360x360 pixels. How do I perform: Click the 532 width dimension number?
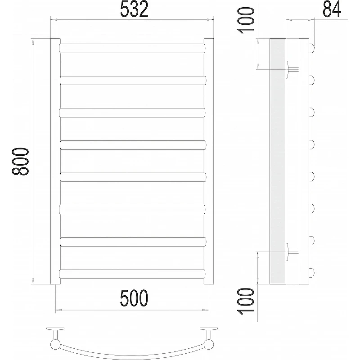click(134, 9)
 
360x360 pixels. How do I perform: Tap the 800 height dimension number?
click(20, 162)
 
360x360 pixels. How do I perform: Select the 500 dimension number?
click(134, 298)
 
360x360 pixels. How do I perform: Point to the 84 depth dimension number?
click(332, 9)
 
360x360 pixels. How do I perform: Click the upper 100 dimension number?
click(246, 20)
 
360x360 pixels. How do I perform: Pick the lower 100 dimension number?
click(246, 301)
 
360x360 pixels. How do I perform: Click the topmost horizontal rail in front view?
click(132, 48)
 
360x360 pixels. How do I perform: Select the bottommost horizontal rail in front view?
click(132, 274)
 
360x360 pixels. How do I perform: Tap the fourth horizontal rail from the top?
click(133, 145)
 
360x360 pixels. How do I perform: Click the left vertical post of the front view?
click(55, 161)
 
